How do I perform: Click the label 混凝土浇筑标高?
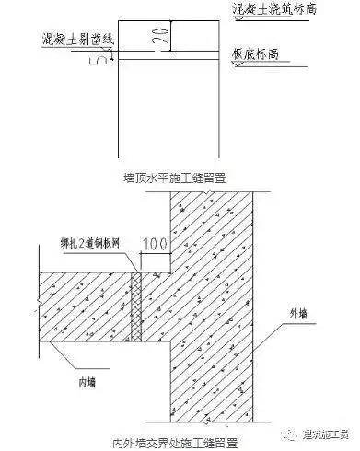(x=270, y=8)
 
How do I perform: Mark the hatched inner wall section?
(x=83, y=304)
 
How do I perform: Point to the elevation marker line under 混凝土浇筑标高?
(x=267, y=18)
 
